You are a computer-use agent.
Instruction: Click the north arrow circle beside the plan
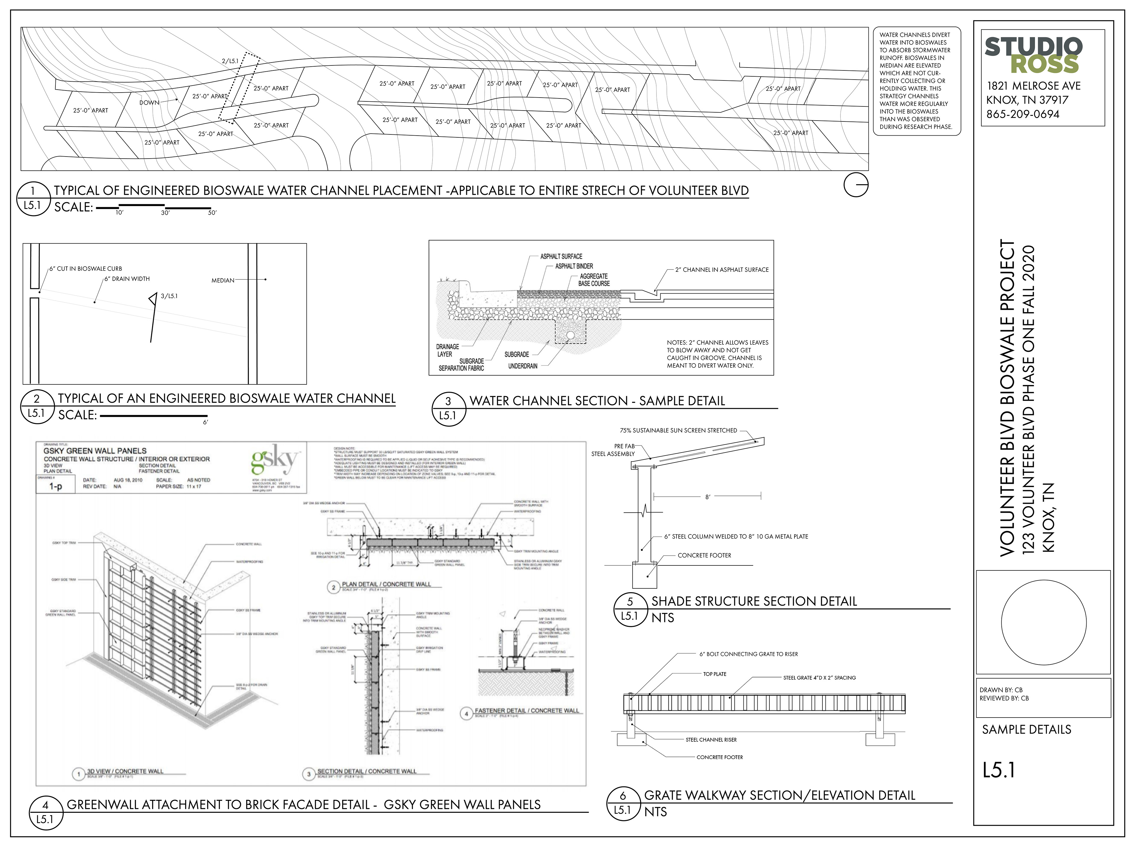(x=856, y=185)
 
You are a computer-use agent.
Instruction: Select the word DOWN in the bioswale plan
(x=149, y=102)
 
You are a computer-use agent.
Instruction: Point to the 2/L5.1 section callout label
(x=230, y=61)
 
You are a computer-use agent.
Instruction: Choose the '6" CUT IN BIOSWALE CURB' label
(x=85, y=269)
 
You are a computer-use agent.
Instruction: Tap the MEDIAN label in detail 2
(x=223, y=280)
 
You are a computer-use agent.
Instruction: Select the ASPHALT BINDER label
(x=574, y=266)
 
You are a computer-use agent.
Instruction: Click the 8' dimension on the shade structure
(x=708, y=497)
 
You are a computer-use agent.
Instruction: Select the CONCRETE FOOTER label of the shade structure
(x=704, y=556)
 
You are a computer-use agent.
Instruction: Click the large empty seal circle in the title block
(x=1044, y=622)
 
